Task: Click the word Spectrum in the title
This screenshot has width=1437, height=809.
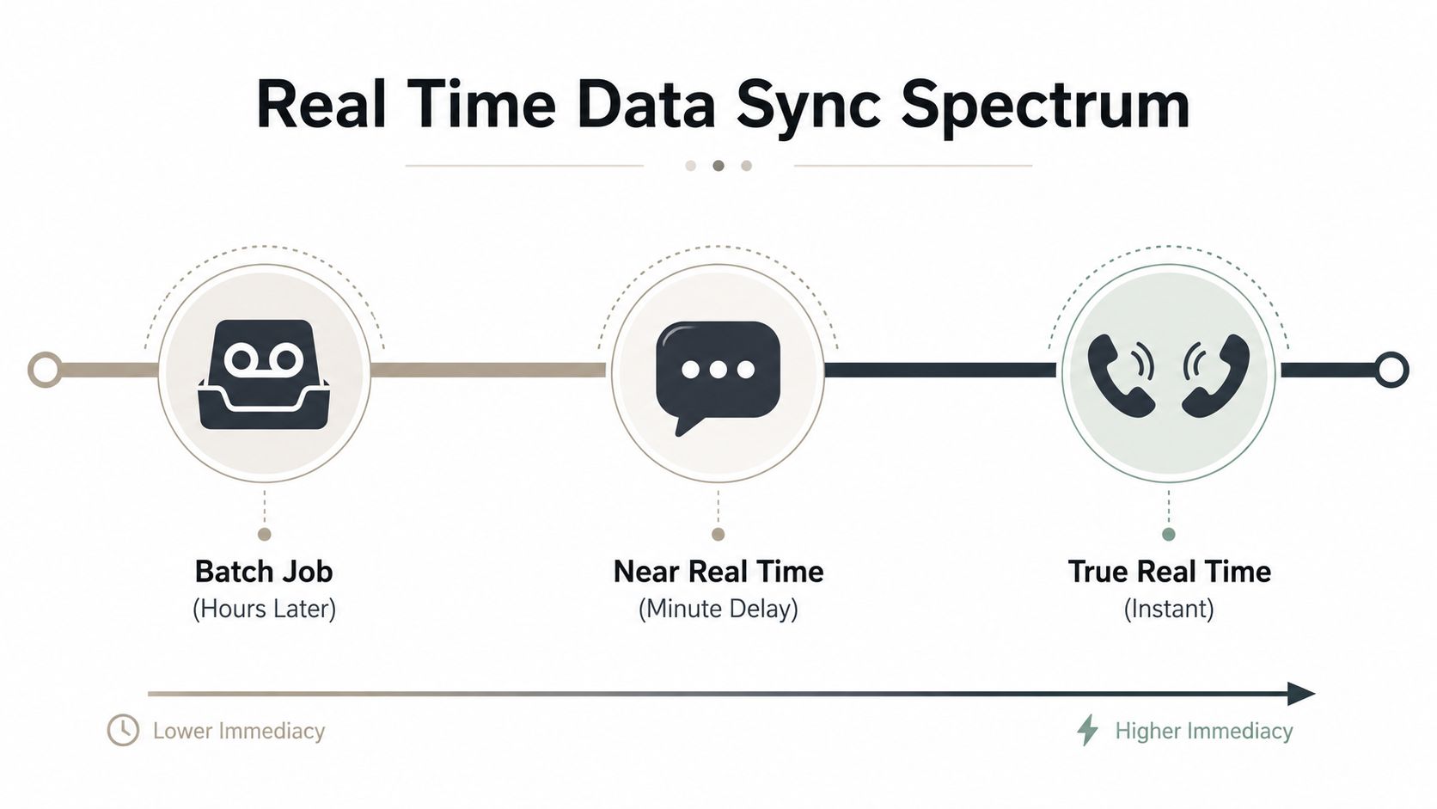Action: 1046,106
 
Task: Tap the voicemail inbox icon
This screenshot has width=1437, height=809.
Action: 264,374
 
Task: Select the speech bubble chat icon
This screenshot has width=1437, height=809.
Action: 718,378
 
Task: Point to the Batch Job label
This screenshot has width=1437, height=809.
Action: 264,572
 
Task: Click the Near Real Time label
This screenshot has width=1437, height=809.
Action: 718,572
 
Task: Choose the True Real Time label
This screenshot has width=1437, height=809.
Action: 1169,572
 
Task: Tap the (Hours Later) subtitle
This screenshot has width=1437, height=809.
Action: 265,608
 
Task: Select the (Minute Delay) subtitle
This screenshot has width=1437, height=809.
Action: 718,608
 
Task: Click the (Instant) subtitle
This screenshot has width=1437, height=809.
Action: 1169,608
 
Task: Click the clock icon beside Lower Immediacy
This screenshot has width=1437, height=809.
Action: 123,730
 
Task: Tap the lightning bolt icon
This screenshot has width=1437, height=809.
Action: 1087,730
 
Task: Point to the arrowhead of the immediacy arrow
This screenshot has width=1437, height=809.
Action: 1302,694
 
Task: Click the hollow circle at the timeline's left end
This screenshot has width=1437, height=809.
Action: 46,370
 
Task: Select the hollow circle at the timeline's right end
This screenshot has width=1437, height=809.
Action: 1391,370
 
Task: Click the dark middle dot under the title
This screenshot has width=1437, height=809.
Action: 718,166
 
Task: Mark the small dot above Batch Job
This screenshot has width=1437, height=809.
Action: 265,535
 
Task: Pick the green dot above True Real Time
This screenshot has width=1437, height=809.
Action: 1169,535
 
